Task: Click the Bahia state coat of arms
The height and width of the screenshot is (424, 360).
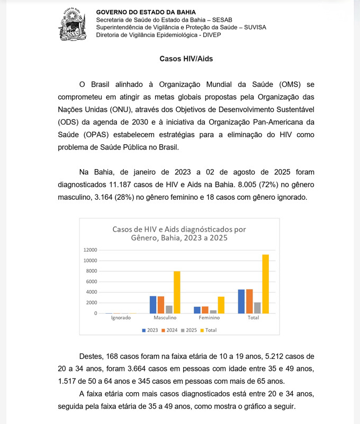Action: click(71, 24)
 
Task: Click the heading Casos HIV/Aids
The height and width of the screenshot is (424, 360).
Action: click(179, 59)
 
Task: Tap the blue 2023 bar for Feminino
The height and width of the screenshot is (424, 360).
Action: click(197, 310)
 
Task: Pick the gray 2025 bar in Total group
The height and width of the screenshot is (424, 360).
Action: click(257, 307)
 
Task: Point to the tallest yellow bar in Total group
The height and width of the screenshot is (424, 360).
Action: click(265, 284)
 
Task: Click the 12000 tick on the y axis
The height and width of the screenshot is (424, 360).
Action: click(90, 250)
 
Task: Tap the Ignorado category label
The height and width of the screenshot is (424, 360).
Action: click(121, 318)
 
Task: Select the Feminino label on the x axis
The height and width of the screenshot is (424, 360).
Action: click(209, 318)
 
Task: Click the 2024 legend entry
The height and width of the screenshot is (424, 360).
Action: click(169, 330)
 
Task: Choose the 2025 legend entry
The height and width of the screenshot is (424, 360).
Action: click(190, 330)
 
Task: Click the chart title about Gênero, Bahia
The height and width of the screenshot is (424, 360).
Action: click(179, 234)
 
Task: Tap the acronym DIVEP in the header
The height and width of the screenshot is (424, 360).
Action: click(210, 36)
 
